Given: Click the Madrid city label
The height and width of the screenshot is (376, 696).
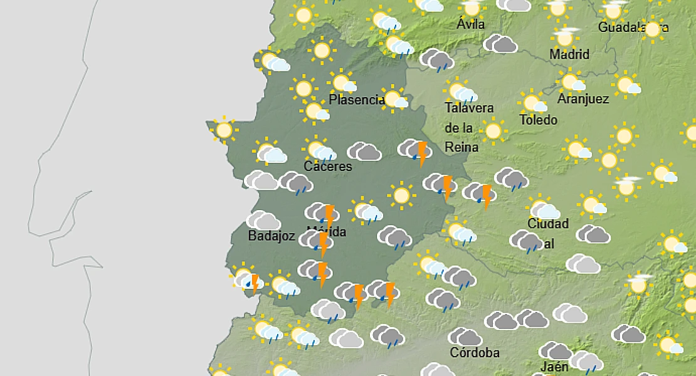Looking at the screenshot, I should pos(569,55).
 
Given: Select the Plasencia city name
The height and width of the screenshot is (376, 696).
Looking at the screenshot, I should pos(356,100).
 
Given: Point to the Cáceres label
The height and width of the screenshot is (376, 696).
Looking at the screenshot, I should pos(328,167).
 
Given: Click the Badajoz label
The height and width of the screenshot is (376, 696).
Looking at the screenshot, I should pos(271,236).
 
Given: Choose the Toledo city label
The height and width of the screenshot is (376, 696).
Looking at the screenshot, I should pos(538,120).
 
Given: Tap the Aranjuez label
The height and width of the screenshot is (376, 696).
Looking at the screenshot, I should pos(583,99).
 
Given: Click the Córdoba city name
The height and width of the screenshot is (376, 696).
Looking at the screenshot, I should pos(475,352).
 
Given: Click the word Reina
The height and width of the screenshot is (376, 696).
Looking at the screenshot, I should pos(461,147).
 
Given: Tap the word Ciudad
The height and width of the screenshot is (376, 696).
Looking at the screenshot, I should pos(548,224).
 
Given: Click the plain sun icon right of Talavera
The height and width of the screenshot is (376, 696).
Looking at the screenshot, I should pos(493,130).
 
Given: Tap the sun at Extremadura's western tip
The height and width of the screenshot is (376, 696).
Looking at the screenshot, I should pos(223,130).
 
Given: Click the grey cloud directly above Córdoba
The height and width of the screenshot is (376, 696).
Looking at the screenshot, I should pos(465,337).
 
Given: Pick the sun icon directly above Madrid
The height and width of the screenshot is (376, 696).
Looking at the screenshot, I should pos(565,37).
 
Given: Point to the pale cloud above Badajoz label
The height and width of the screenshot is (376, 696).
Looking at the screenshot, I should pos(263,220).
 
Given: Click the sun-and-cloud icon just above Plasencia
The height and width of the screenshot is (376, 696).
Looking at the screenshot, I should pos(342,83).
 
